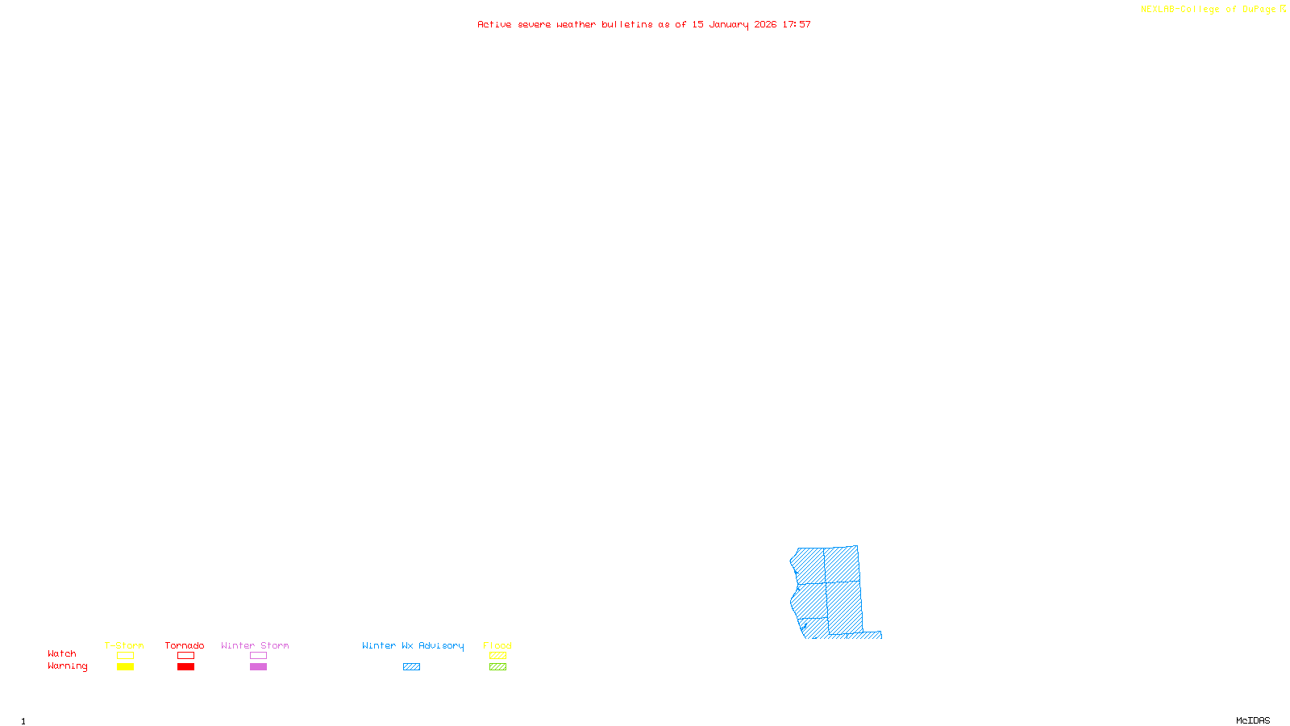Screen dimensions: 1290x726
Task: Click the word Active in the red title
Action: pos(494,24)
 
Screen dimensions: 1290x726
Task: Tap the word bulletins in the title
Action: pos(627,24)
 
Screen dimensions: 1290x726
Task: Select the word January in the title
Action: pos(729,24)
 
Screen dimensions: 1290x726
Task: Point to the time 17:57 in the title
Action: pos(797,24)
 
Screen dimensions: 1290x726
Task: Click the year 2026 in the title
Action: pos(765,24)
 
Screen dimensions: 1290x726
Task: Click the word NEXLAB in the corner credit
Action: pos(1158,10)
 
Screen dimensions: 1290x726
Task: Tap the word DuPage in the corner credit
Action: pos(1259,10)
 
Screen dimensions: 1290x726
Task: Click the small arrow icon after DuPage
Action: pos(1283,9)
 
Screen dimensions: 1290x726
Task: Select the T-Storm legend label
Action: pos(124,645)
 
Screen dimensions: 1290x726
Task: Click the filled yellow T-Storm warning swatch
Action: pos(125,667)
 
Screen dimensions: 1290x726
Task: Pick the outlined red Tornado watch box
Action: pos(185,656)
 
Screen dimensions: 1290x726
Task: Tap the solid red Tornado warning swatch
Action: pos(185,667)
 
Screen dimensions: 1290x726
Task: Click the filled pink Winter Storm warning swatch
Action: pos(258,667)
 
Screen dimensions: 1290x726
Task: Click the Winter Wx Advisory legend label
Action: pos(413,645)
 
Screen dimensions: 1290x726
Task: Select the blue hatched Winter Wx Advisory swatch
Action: pos(411,667)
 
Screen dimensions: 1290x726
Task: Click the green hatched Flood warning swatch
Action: pos(497,667)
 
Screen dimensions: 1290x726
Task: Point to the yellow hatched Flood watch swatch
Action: pos(497,656)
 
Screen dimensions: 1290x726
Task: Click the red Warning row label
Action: pos(68,666)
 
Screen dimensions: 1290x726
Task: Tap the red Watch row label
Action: pos(62,653)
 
